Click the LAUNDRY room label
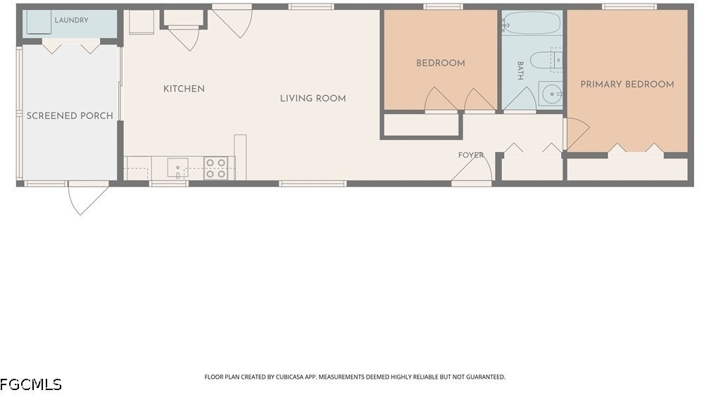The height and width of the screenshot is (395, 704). click(x=71, y=20)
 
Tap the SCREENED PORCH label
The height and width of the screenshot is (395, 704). click(x=70, y=115)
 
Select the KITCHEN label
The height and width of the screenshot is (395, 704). click(x=184, y=89)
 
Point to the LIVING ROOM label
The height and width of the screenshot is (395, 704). click(x=313, y=99)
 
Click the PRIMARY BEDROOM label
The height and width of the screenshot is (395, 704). click(x=627, y=84)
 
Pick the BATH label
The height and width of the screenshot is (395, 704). click(x=520, y=71)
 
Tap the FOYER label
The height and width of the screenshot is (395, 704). click(x=471, y=155)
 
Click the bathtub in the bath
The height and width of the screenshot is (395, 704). click(x=532, y=23)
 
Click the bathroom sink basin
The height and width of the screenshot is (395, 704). click(x=551, y=94)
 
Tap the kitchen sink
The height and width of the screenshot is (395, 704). click(x=178, y=168)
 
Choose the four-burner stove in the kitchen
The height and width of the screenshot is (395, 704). click(x=216, y=168)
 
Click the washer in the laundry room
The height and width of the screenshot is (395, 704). click(x=39, y=22)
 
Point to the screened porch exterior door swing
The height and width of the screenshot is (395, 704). click(x=88, y=198)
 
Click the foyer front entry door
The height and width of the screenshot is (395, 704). click(x=472, y=169)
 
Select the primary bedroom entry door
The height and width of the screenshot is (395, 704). click(x=577, y=134)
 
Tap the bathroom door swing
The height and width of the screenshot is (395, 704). click(x=520, y=99)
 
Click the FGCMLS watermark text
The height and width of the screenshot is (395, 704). click(x=31, y=384)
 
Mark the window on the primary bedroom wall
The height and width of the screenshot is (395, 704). click(x=629, y=6)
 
